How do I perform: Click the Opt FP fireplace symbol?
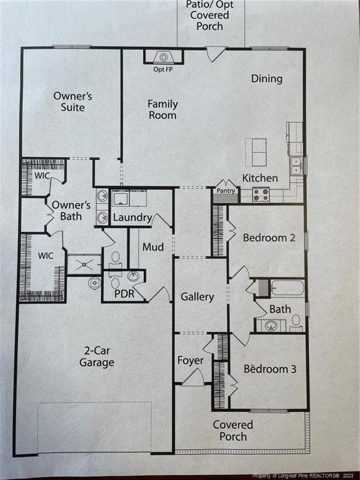164,57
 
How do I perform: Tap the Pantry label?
226,191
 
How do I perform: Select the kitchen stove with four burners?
261,195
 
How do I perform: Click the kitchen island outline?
256,152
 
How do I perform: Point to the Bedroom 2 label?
269,238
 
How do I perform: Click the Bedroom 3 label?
270,369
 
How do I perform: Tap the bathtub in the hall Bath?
287,288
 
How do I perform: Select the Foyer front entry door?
193,377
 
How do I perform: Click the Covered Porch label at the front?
233,431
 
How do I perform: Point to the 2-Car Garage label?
97,356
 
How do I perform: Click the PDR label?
124,294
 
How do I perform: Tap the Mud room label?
153,247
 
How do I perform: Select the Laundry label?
132,217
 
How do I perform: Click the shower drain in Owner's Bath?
84,264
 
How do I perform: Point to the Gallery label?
197,297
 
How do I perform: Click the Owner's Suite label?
72,101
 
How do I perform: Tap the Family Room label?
162,109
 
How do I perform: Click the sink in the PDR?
133,276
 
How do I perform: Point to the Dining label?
267,79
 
